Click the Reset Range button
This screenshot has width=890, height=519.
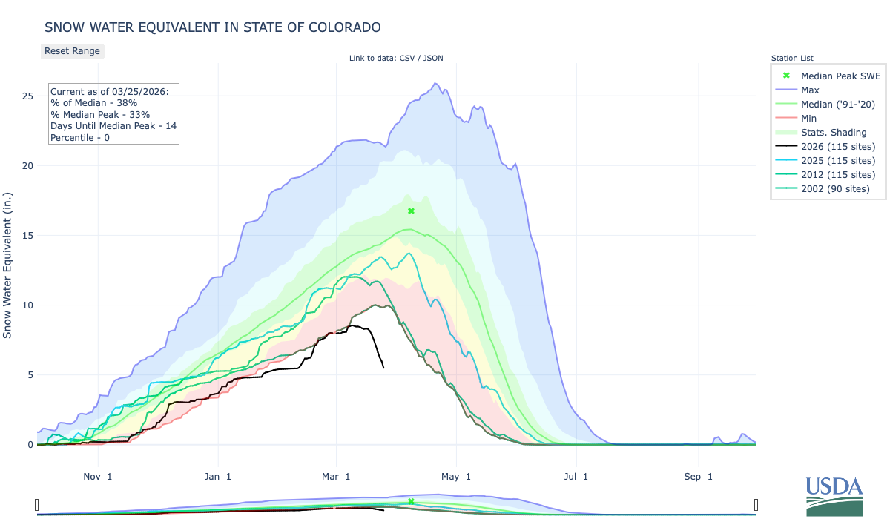[x=72, y=51]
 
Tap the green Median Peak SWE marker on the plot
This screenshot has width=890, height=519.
[x=411, y=211]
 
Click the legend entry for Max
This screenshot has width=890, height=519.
[x=811, y=90]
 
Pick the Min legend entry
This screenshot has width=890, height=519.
[x=810, y=118]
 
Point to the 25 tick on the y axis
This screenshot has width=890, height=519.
[x=27, y=96]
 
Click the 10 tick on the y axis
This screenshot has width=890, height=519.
[x=27, y=305]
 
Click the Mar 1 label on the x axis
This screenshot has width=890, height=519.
[x=336, y=476]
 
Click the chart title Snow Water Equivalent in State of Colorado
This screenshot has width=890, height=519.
[x=213, y=27]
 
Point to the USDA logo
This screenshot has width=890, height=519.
[x=834, y=495]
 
